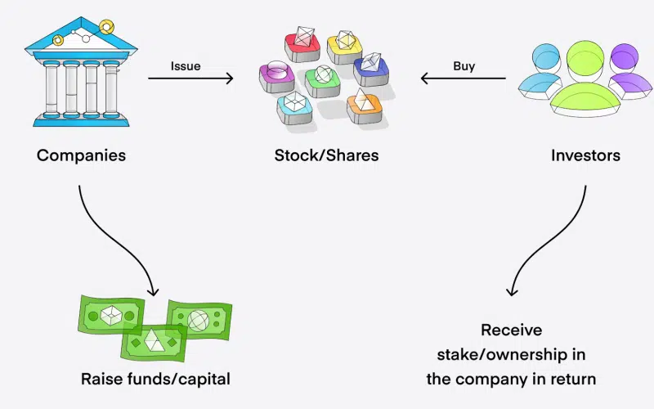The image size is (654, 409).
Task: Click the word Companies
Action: pos(81,155)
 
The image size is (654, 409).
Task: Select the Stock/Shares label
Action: pos(326,155)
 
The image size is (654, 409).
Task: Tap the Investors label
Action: pos(585,155)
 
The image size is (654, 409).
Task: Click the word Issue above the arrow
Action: pos(186,65)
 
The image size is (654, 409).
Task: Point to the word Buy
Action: pos(464,65)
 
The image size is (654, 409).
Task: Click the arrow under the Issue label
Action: pos(190,79)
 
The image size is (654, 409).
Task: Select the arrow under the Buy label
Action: pos(463,79)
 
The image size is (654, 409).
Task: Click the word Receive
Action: pos(511,330)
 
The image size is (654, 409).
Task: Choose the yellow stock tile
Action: pos(343,46)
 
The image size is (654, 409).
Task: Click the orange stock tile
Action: pos(364,105)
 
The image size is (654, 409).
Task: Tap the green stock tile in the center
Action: pos(323,80)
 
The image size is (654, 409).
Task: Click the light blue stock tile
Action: pos(296,105)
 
